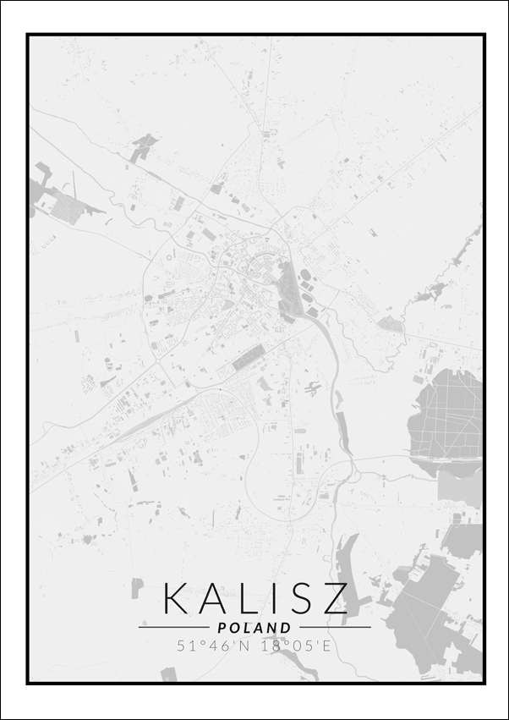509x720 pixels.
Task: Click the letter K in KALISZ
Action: (x=178, y=597)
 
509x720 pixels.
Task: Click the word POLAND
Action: (x=254, y=628)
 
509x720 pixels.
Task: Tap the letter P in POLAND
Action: (x=222, y=628)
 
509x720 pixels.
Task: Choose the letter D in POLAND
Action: (x=287, y=628)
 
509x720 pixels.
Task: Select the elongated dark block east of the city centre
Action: (x=288, y=288)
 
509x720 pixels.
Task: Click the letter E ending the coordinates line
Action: (x=328, y=646)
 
